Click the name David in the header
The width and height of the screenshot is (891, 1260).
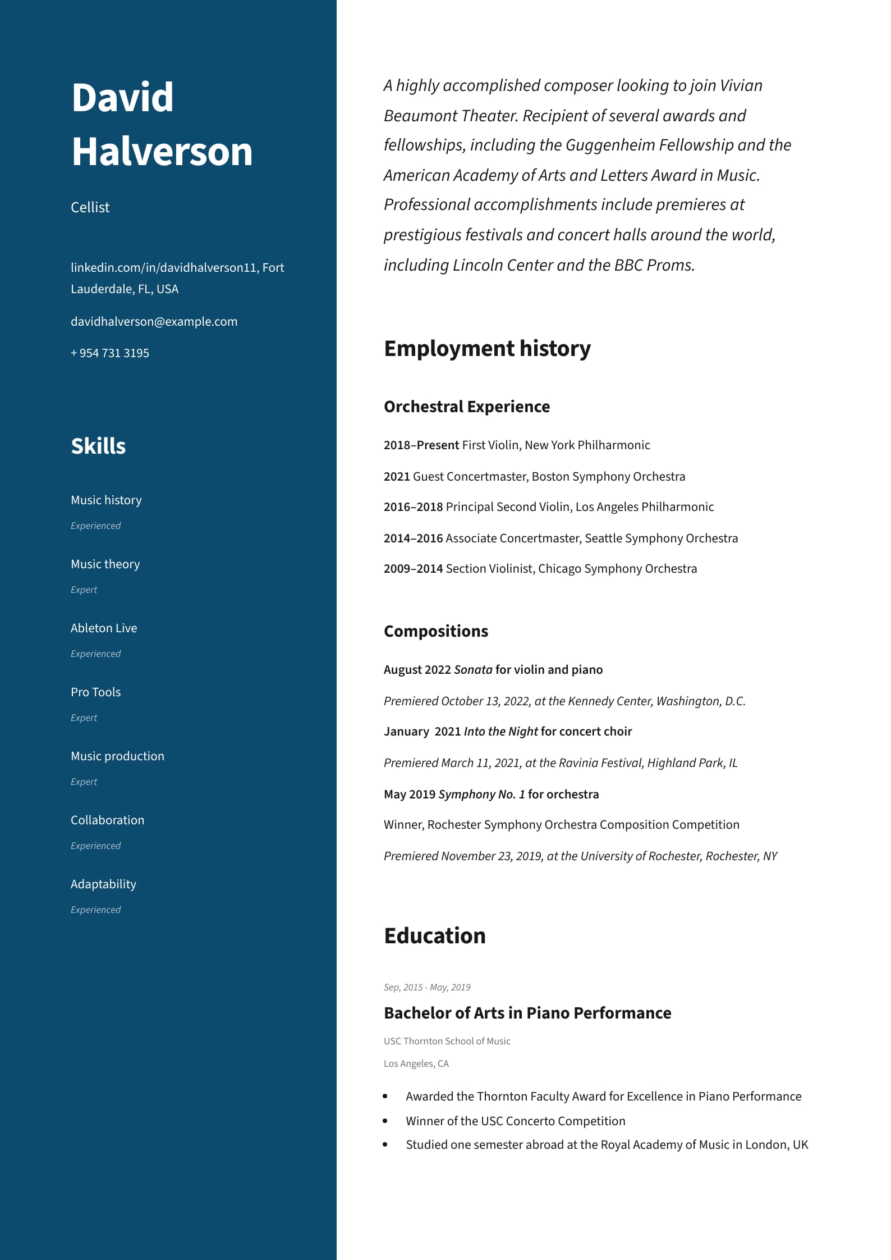click(122, 97)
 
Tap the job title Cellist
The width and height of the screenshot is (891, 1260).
click(90, 207)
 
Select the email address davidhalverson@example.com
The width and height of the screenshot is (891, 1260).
click(154, 321)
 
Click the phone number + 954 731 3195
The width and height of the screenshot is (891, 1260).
click(110, 353)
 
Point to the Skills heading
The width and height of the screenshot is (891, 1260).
click(98, 446)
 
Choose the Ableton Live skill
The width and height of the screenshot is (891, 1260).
click(104, 628)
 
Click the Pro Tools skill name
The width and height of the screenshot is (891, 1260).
click(95, 692)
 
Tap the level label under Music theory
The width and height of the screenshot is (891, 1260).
click(84, 590)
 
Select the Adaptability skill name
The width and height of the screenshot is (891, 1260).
click(103, 884)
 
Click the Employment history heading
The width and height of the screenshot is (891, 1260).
click(487, 349)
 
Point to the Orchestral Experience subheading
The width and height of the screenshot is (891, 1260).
click(467, 407)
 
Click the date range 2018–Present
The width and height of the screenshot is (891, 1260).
click(421, 445)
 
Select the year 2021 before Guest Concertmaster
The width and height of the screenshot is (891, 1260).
click(397, 477)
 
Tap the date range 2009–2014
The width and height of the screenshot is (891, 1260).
click(413, 569)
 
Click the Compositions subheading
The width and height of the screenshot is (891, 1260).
click(436, 631)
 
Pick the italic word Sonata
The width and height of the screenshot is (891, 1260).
click(473, 670)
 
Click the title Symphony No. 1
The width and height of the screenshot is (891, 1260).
click(481, 795)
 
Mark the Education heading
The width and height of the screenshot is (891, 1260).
click(435, 936)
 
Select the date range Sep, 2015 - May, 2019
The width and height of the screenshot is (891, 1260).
click(427, 987)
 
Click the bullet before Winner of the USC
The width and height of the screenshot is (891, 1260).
click(385, 1121)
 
